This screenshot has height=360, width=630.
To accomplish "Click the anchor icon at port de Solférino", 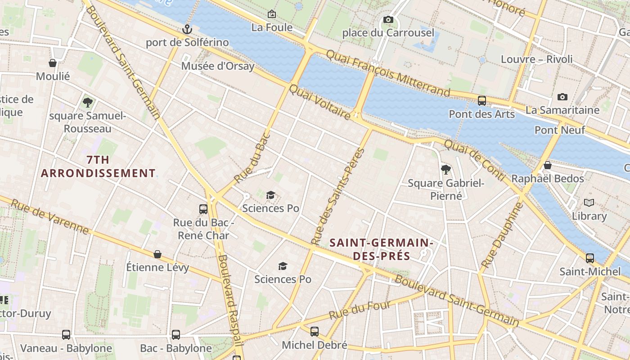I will click(x=187, y=30).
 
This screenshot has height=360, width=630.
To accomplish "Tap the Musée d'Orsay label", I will click(x=218, y=66).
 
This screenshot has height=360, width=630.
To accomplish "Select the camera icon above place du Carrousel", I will click(x=388, y=20).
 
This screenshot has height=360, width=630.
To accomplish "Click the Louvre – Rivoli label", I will click(x=536, y=59).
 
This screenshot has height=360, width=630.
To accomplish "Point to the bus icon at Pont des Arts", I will click(x=481, y=101).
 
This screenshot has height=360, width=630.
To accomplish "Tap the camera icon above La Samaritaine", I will click(x=562, y=97).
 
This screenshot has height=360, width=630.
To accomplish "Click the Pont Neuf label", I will click(x=559, y=130).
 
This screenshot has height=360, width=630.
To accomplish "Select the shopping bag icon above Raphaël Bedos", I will click(x=548, y=166).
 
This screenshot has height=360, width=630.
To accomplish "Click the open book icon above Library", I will click(x=589, y=203).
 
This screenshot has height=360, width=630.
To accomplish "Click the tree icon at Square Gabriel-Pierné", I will click(x=445, y=170).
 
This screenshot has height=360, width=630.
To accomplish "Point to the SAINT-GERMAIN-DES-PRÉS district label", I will click(x=381, y=249).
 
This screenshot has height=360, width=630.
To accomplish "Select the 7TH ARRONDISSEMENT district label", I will click(x=98, y=166).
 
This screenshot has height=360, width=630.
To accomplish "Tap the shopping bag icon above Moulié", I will click(x=53, y=63).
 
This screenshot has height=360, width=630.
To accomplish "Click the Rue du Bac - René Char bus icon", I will click(x=203, y=209).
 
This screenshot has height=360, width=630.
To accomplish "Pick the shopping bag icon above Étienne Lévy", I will click(x=157, y=255).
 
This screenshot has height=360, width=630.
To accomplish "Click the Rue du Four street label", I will click(x=360, y=310).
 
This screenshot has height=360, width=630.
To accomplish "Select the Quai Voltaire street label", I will click(x=319, y=103).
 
